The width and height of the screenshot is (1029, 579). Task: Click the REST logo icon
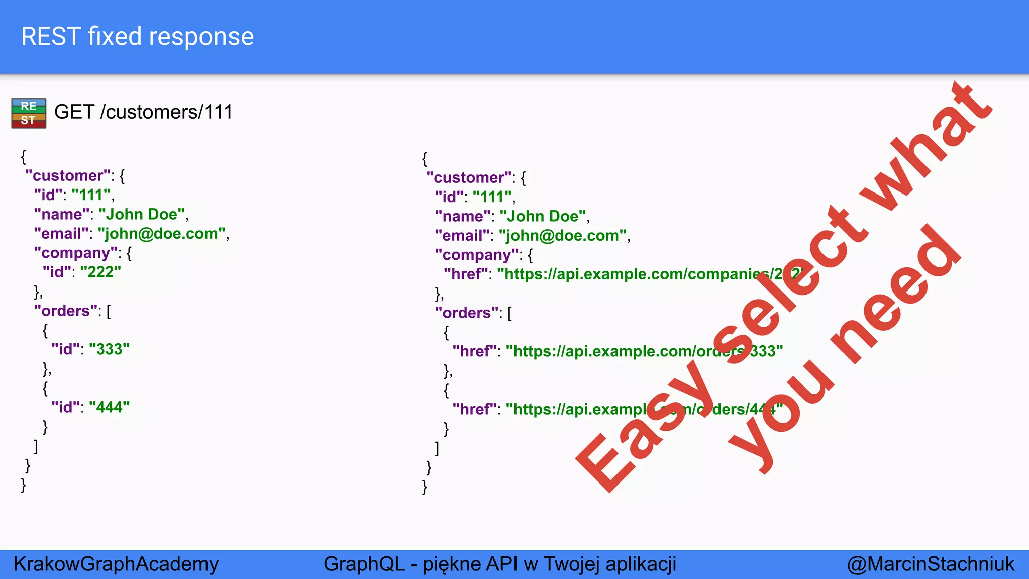tap(29, 113)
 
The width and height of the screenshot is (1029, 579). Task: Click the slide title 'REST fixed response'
tap(137, 37)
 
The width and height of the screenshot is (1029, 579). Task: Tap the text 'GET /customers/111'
tap(143, 112)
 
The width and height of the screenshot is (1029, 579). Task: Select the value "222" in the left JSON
tap(100, 272)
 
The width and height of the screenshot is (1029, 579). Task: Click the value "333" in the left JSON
tap(109, 349)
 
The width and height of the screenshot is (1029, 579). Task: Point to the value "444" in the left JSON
tap(109, 407)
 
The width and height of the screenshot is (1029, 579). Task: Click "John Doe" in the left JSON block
tap(142, 214)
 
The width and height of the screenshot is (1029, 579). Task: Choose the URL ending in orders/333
tap(643, 351)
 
